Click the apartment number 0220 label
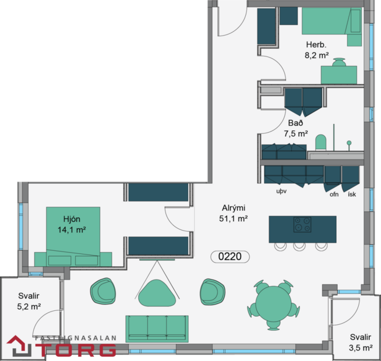pos(230,256)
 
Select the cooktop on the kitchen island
pos(302,224)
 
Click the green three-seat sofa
pos(157,328)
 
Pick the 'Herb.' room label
pos(316,45)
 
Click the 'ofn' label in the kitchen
pos(334,194)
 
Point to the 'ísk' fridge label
pos(351,194)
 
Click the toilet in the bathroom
pos(320,141)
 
